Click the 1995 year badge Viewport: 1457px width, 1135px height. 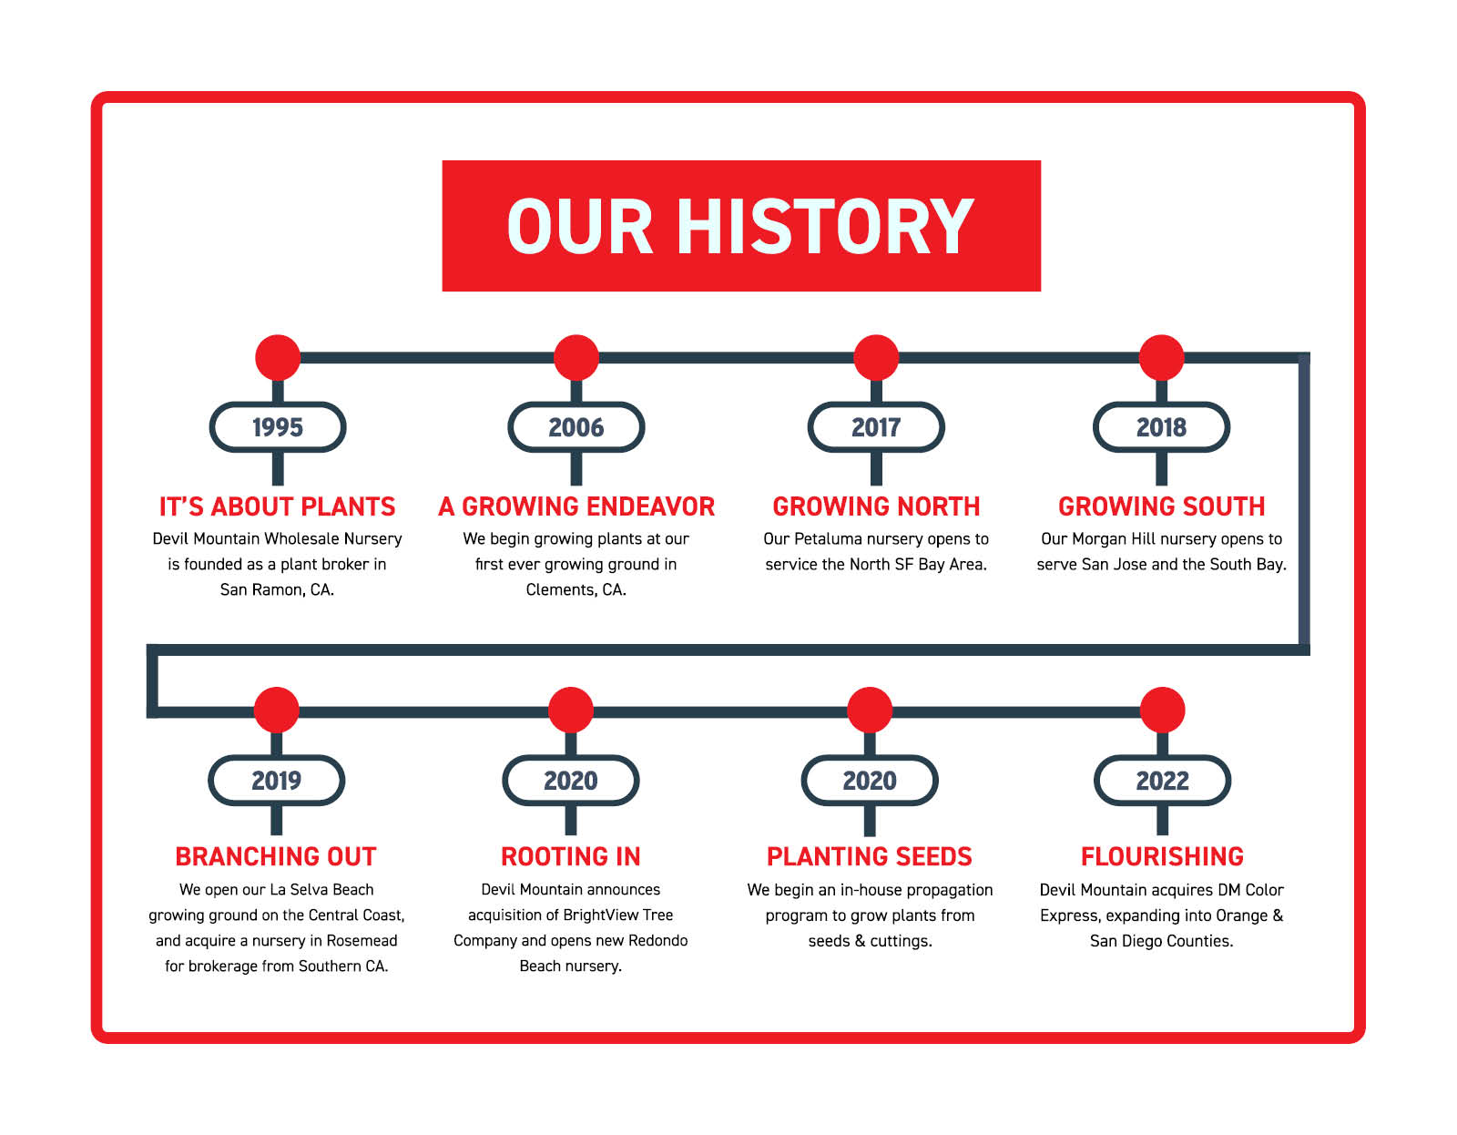click(x=278, y=427)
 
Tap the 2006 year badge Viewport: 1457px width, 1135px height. click(x=576, y=427)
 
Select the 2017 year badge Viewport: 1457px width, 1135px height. click(x=876, y=427)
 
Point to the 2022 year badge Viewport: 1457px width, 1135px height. click(x=1162, y=781)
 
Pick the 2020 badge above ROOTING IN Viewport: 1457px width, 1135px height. click(x=571, y=781)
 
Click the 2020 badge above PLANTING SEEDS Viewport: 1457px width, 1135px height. click(x=870, y=781)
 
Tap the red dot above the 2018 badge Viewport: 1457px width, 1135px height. click(x=1161, y=357)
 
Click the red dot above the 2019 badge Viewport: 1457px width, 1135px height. click(x=276, y=710)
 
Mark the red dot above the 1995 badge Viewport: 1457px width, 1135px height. click(x=278, y=357)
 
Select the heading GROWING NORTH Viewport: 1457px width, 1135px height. click(x=876, y=506)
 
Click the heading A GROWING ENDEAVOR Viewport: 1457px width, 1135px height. click(x=576, y=506)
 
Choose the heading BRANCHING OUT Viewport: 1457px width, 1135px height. click(x=276, y=857)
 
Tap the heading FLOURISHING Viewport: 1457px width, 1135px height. click(x=1162, y=857)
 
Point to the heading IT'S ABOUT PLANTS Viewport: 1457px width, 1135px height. click(x=277, y=506)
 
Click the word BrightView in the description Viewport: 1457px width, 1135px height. click(x=600, y=915)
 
